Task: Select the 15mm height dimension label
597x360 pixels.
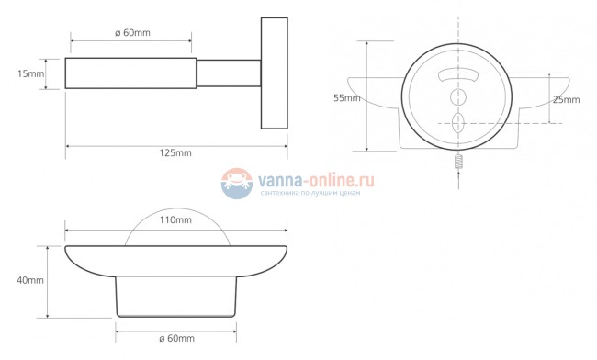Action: pyautogui.click(x=29, y=73)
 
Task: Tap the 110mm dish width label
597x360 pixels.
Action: pyautogui.click(x=175, y=220)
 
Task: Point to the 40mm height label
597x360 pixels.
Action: pyautogui.click(x=29, y=280)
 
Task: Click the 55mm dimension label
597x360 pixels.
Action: pyautogui.click(x=345, y=96)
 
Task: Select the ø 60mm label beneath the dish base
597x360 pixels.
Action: pyautogui.click(x=175, y=339)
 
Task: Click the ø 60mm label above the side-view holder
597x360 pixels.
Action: pyautogui.click(x=130, y=32)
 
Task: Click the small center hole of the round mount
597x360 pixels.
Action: pyautogui.click(x=456, y=96)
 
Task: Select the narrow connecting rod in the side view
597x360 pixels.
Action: pyautogui.click(x=230, y=73)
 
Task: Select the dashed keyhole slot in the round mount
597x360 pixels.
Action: pyautogui.click(x=456, y=122)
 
